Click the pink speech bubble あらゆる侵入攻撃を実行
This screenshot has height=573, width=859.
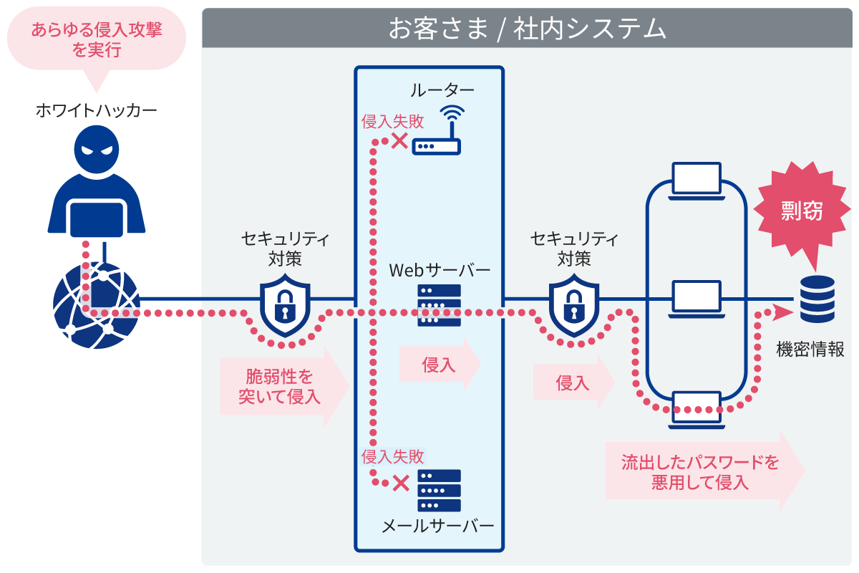(x=96, y=40)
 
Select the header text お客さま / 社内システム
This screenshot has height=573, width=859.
(x=527, y=29)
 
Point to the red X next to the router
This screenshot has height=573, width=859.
(x=399, y=140)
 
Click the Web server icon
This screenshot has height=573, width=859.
(x=439, y=306)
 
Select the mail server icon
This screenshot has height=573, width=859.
(x=439, y=490)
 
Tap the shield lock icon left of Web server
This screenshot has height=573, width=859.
(x=285, y=306)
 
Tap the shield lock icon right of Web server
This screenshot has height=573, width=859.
(x=573, y=306)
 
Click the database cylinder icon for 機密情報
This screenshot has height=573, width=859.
(x=817, y=299)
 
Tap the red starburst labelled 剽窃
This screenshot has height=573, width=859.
(x=801, y=211)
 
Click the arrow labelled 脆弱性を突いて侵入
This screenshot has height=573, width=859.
(x=283, y=387)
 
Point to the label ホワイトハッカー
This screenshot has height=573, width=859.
(x=96, y=110)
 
